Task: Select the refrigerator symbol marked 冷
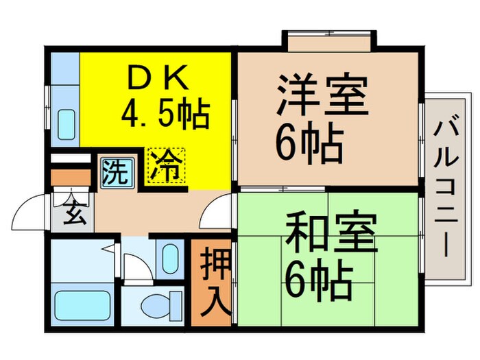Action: (165, 166)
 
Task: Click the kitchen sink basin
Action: (67, 124)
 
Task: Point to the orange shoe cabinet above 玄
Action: (71, 178)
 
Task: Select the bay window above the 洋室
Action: (330, 42)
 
